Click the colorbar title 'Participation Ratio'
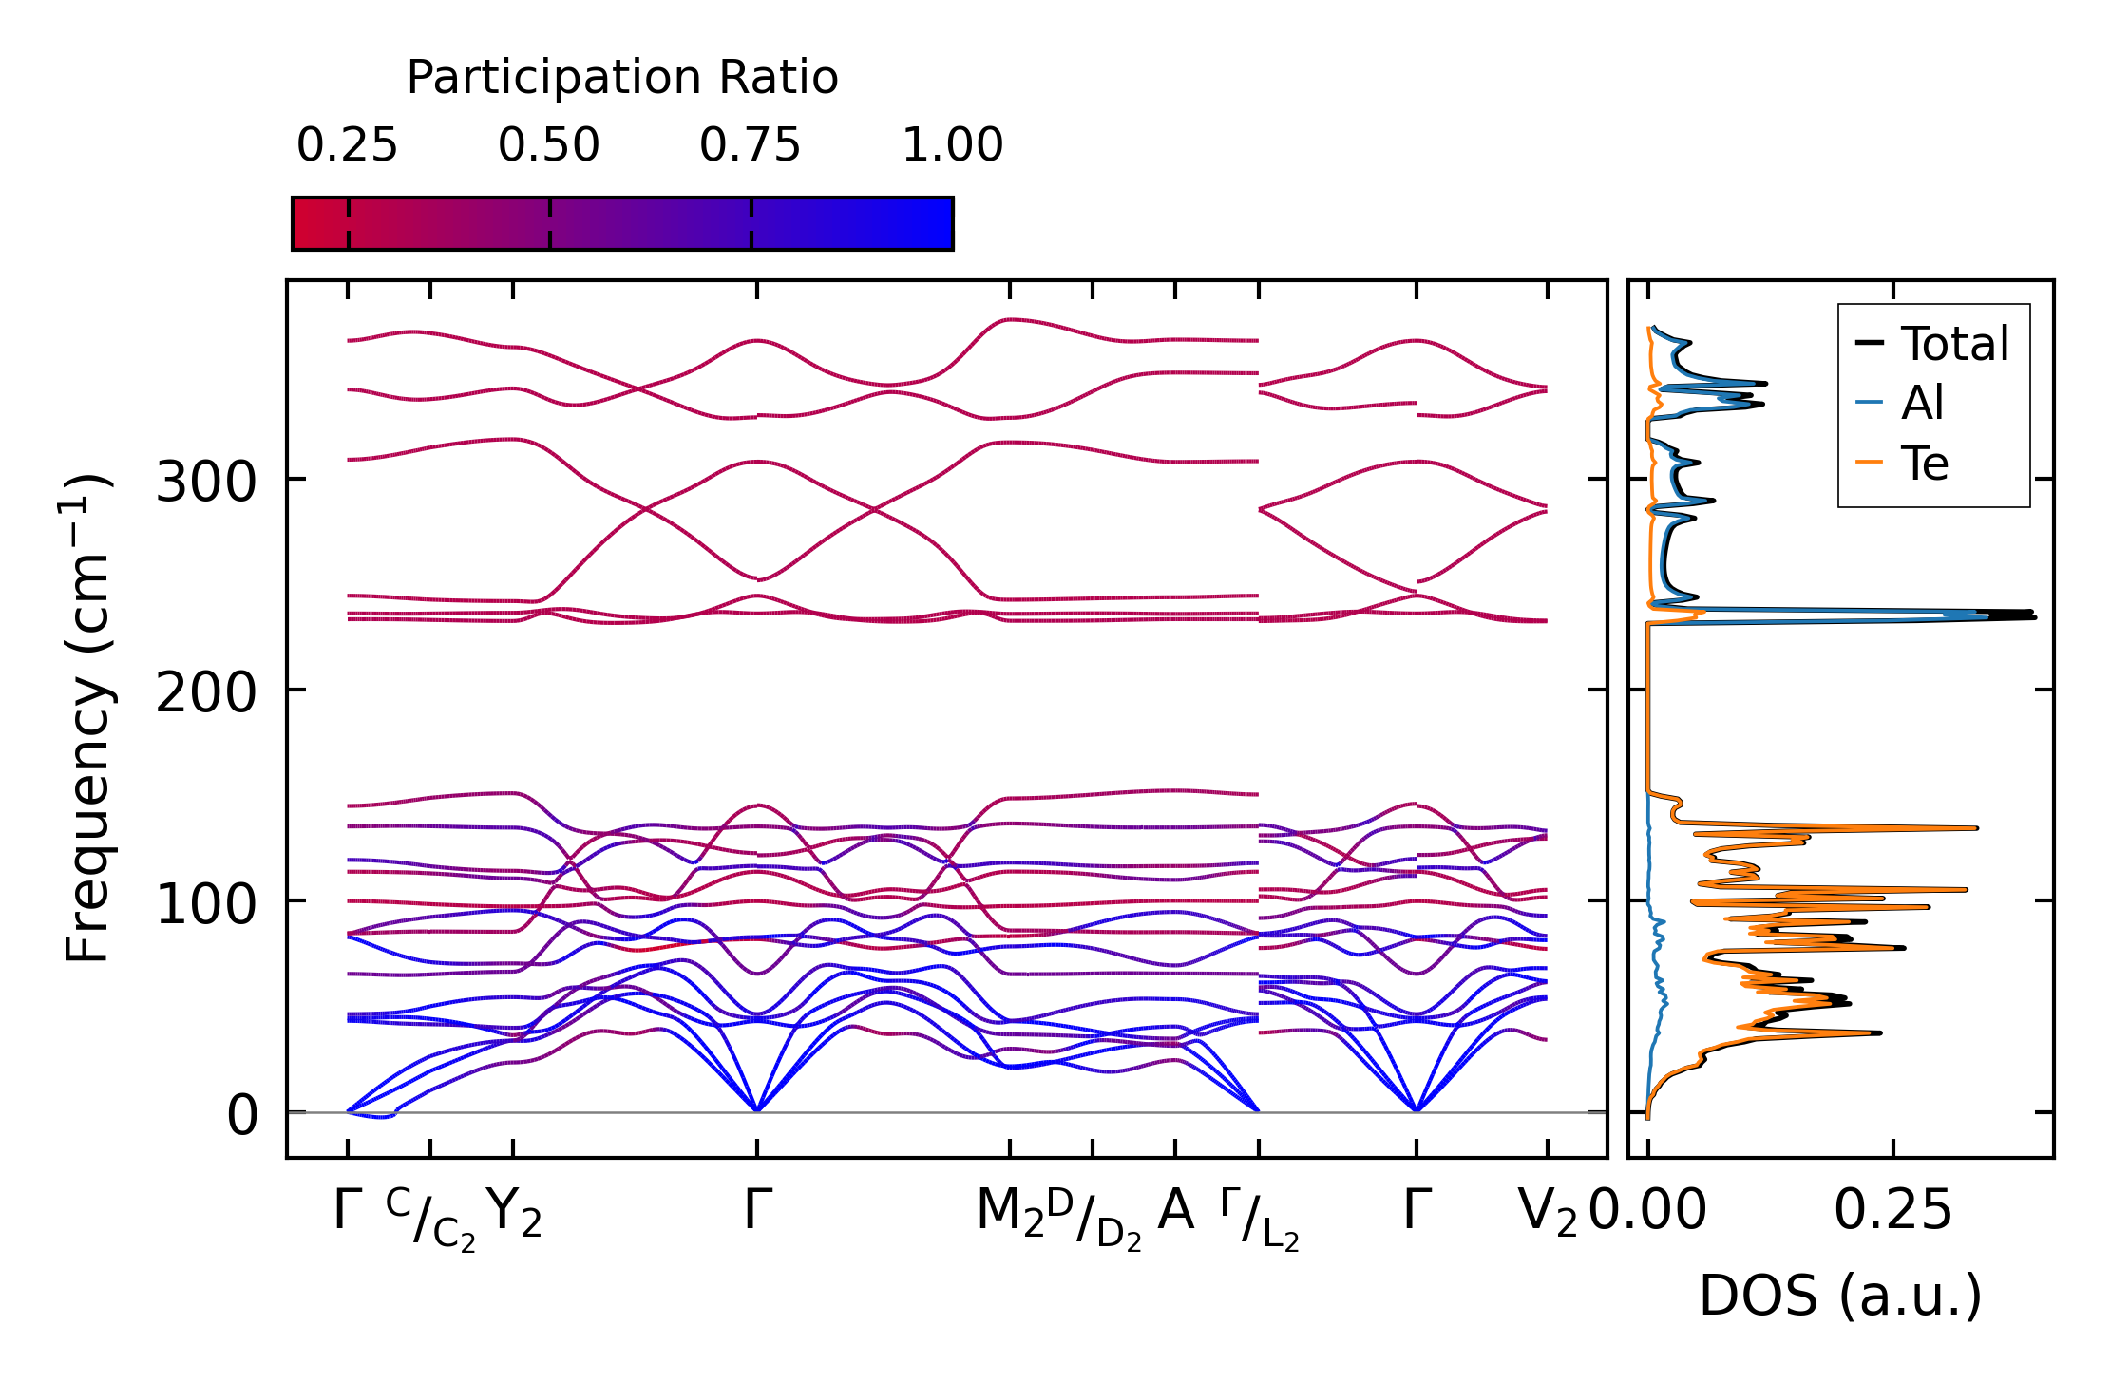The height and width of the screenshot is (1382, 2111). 622,78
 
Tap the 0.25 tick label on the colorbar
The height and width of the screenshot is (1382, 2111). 347,145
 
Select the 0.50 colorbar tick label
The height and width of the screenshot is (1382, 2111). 549,145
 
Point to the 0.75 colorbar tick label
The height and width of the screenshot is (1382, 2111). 751,145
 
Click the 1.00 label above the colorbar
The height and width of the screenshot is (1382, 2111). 952,145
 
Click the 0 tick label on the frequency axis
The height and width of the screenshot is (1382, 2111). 242,1115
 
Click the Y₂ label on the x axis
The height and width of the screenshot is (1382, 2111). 513,1212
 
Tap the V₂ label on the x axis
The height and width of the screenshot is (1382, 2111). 1548,1212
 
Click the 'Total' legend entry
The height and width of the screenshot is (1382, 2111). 1954,344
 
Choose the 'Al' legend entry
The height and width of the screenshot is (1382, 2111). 1922,404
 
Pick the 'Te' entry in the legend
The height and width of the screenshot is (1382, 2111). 1924,464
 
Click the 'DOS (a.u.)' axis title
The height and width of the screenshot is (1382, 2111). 1840,1297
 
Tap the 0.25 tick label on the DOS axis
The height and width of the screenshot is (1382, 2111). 1892,1212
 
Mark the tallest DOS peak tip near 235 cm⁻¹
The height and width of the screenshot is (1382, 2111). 2033,616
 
